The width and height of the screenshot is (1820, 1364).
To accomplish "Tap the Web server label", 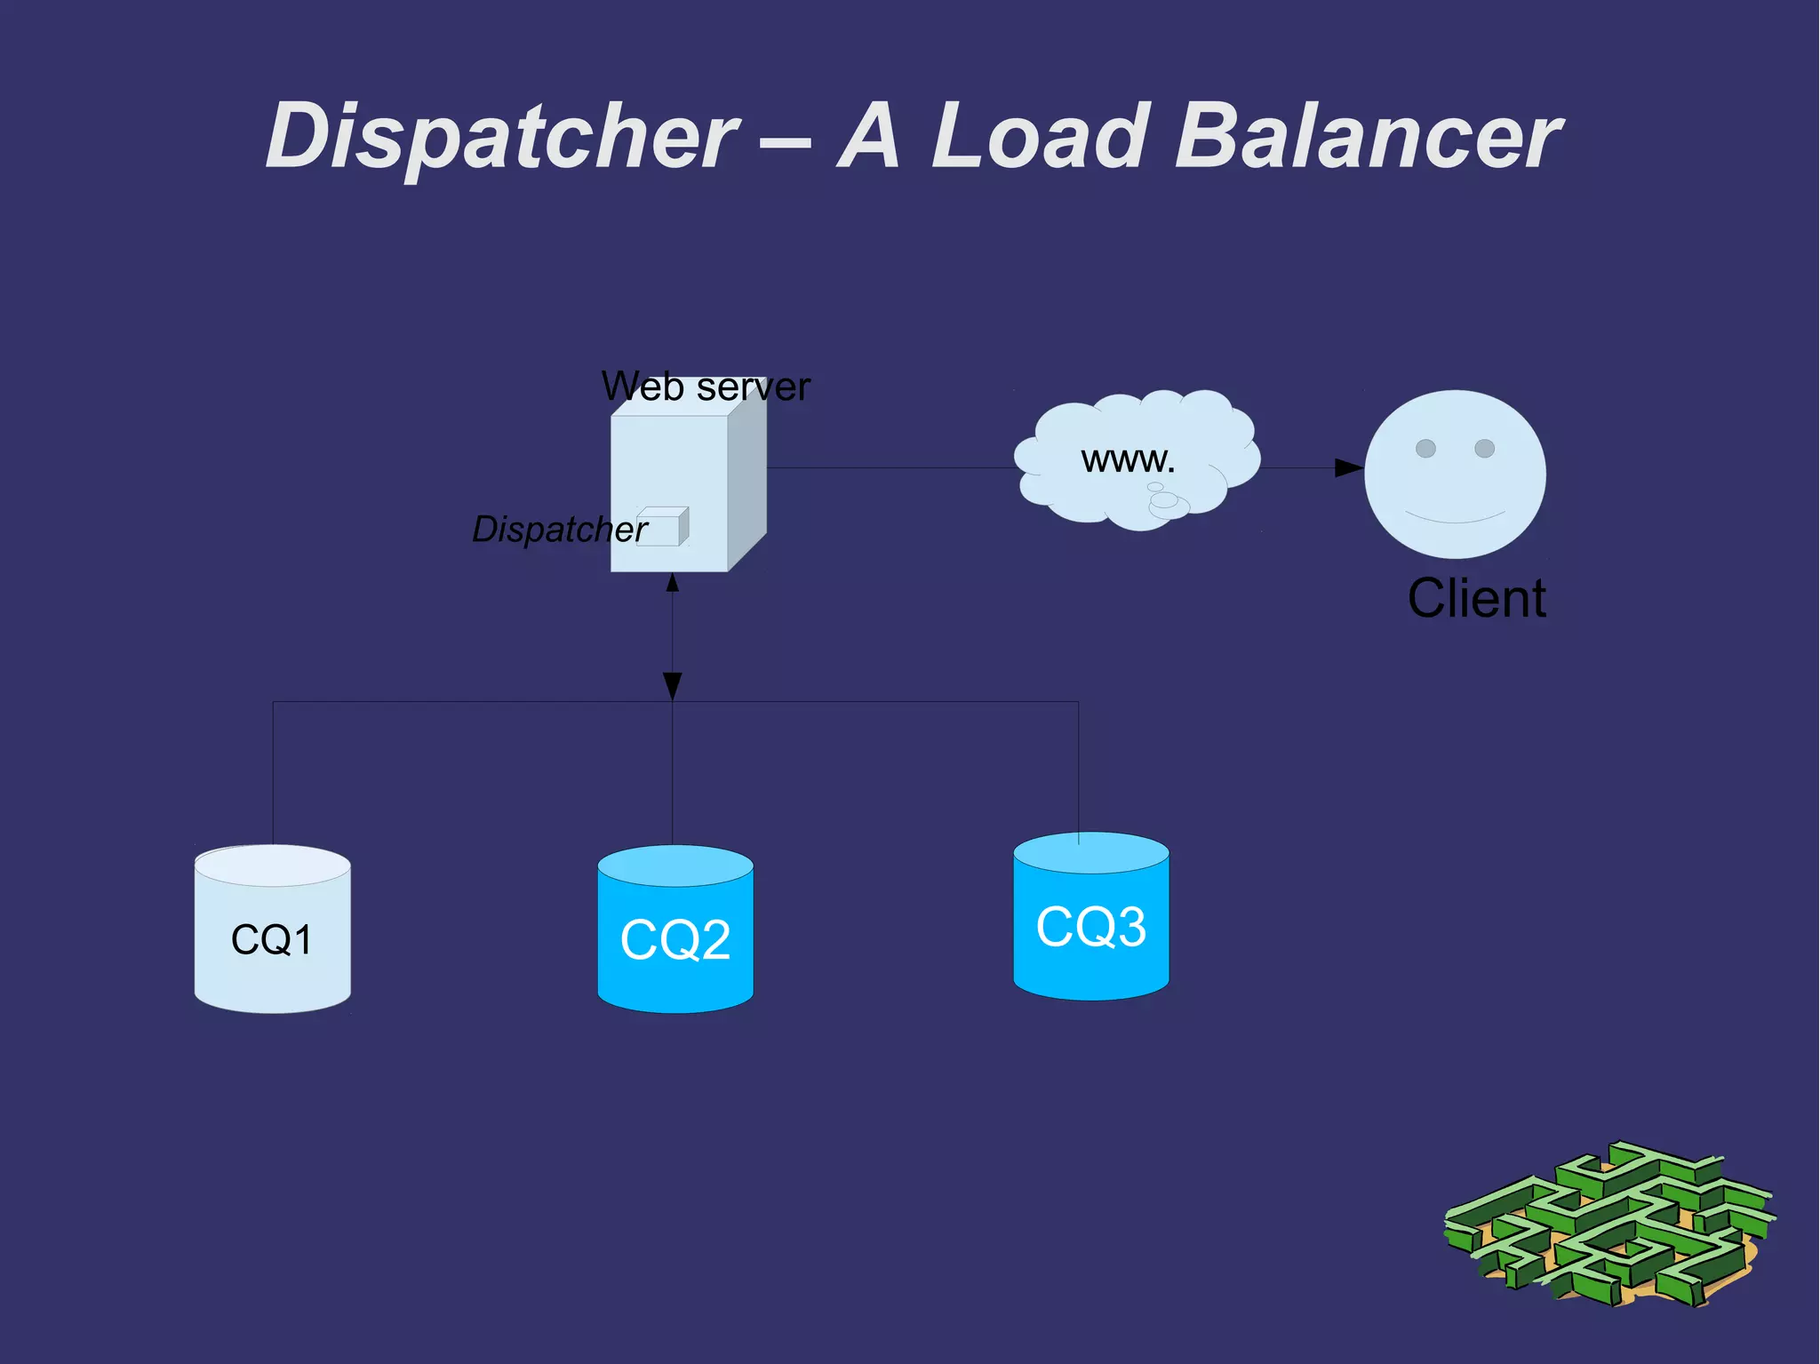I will click(706, 387).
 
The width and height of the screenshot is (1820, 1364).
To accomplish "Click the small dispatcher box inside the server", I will click(662, 527).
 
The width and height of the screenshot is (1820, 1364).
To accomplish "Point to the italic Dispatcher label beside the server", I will click(559, 530).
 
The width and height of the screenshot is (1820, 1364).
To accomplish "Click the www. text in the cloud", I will click(1128, 459).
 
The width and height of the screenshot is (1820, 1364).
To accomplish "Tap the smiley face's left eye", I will click(1425, 448).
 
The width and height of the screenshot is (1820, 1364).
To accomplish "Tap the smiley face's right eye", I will click(1484, 448).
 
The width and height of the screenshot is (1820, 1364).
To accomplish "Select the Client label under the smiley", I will click(1476, 598).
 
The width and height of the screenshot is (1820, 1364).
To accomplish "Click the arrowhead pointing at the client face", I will click(1348, 468).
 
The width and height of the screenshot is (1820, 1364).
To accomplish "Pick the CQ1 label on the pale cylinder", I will click(272, 939).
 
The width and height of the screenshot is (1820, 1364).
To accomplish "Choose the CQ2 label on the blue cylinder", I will click(675, 939).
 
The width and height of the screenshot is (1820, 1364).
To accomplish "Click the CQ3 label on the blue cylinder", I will click(1091, 926).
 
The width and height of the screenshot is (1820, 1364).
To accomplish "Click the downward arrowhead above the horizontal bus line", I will click(673, 686).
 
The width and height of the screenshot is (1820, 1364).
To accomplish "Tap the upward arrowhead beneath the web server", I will click(673, 583).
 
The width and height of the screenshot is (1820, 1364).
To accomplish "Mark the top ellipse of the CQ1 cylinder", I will click(272, 865).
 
